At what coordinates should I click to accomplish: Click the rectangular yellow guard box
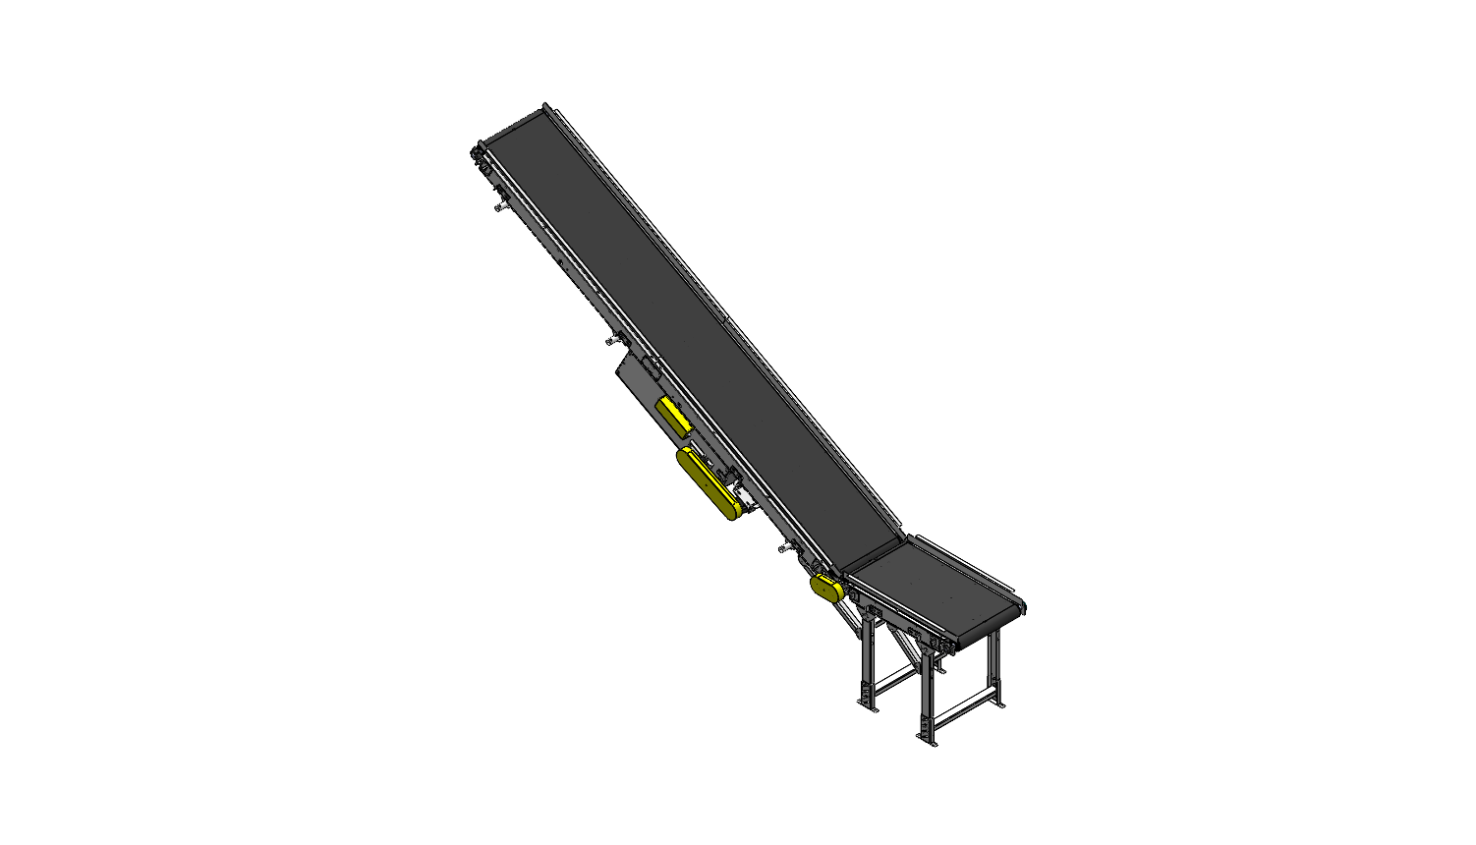(674, 417)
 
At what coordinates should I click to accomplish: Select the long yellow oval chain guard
(708, 483)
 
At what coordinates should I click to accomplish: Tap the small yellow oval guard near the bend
(825, 589)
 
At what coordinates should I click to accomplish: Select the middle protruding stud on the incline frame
(611, 340)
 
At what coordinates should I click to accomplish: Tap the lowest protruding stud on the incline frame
(784, 547)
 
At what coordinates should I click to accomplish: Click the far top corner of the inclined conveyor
(546, 106)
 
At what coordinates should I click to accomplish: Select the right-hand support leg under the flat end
(996, 668)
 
